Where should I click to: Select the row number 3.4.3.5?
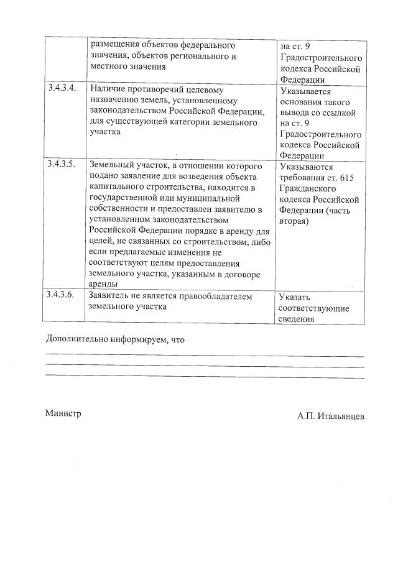[62, 166]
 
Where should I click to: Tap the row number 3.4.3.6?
[62, 295]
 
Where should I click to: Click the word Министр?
[63, 413]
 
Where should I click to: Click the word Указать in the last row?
[295, 298]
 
